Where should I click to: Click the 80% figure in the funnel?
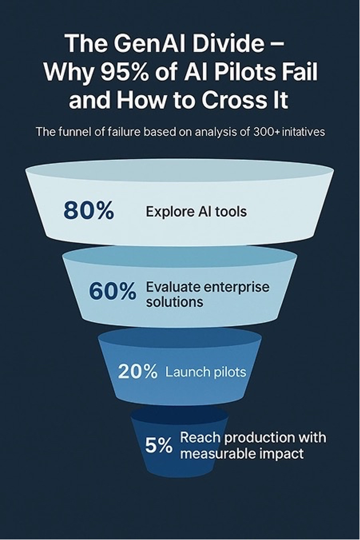coord(88,211)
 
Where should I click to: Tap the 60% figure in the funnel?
coord(112,292)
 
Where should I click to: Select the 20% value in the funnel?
coord(137,372)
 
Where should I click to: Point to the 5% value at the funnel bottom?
coord(159,445)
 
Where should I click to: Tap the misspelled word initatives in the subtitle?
coord(304,132)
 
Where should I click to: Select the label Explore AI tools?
coord(196,211)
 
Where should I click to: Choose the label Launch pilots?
coord(206,372)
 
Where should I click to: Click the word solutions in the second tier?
coord(174,301)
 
